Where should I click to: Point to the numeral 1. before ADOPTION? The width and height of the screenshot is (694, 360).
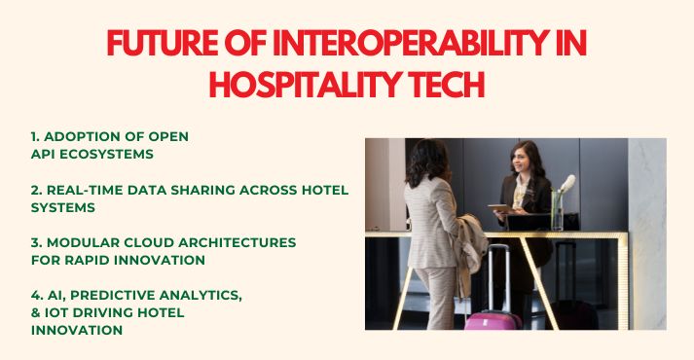(36, 136)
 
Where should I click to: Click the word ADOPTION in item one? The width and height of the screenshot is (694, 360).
(86, 136)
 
